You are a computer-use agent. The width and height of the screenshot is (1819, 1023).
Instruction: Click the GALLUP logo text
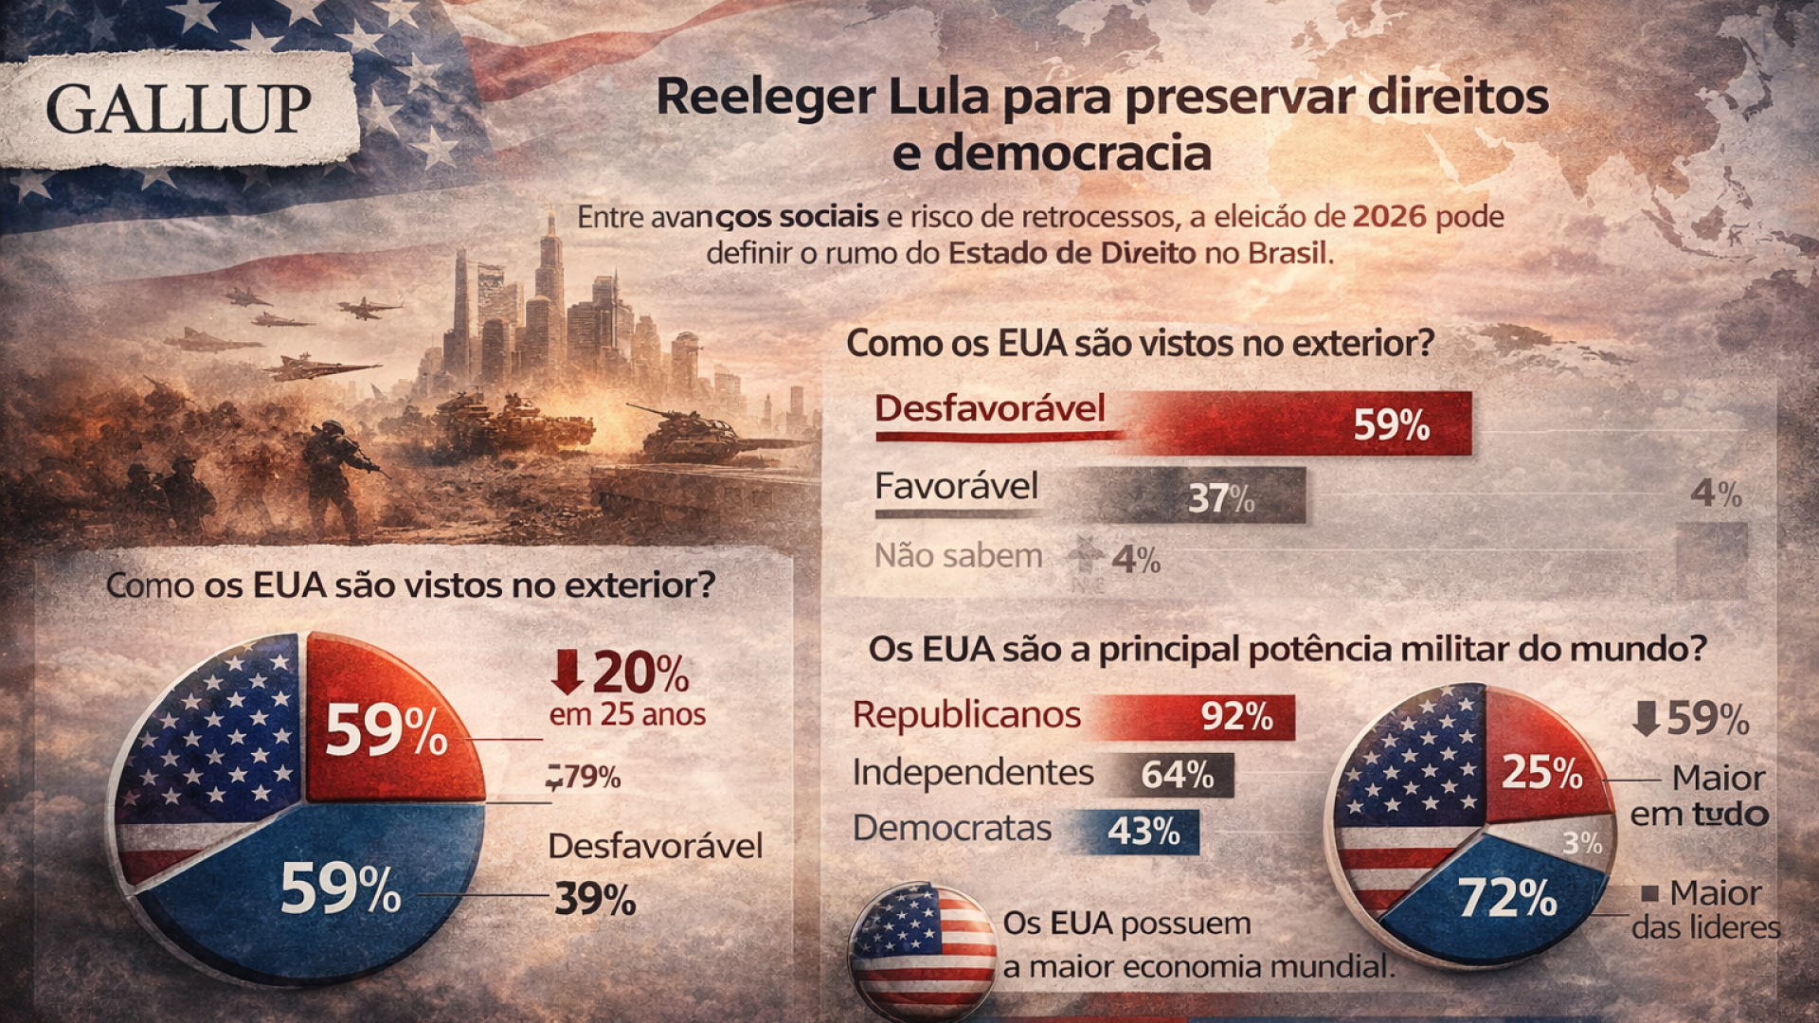tap(178, 110)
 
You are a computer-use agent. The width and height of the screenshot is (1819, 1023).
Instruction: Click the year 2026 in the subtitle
tap(1389, 217)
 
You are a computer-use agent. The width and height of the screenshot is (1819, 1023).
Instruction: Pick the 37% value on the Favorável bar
tap(1221, 498)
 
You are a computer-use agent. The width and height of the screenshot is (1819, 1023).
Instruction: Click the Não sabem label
tap(958, 556)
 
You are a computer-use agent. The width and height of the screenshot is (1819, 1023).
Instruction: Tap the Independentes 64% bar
tap(1176, 775)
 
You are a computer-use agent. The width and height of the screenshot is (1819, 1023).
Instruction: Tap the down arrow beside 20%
tap(567, 673)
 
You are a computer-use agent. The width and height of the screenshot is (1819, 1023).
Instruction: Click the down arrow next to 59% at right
tap(1647, 718)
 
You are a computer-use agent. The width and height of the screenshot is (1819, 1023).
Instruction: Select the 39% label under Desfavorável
tap(595, 899)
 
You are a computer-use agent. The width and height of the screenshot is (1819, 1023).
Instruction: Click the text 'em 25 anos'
tap(627, 714)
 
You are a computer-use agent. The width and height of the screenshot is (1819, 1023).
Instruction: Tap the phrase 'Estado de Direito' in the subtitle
tap(1072, 254)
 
